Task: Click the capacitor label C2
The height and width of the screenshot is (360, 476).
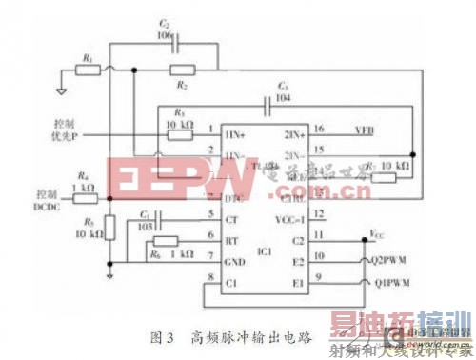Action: [165, 21]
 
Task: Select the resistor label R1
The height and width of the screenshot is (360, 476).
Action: [89, 57]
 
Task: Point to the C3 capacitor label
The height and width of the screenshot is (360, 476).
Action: [282, 85]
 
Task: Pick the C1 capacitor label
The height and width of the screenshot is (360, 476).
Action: [144, 213]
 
